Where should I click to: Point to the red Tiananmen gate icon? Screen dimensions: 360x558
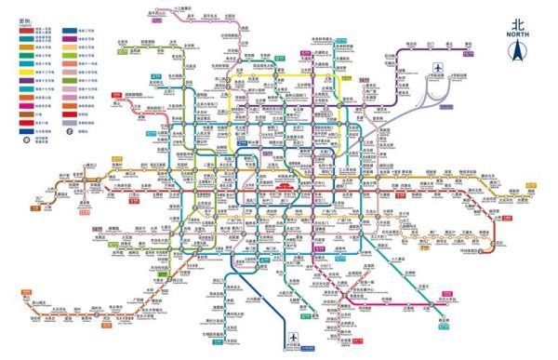[284, 187]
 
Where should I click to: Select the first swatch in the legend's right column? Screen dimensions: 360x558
[70, 31]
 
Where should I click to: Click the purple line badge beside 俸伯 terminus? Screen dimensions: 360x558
[468, 54]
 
